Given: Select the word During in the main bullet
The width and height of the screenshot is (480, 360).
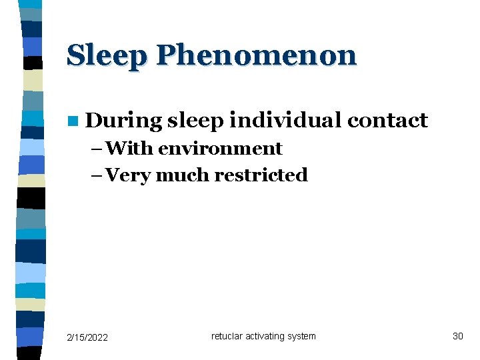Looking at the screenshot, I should pos(124,121).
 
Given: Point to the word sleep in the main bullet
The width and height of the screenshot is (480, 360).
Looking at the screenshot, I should pos(196,121).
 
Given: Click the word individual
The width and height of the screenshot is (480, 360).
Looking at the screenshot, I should pos(286,120).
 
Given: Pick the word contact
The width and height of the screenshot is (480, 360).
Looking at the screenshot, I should pos(387,120).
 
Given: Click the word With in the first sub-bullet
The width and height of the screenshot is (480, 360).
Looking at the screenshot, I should pos(129,148).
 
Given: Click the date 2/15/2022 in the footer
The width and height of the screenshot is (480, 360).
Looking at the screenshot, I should pos(87,337).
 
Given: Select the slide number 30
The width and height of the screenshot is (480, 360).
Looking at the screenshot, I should pos(457,336).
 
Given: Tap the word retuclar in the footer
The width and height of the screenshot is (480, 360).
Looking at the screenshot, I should pos(227,336).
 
